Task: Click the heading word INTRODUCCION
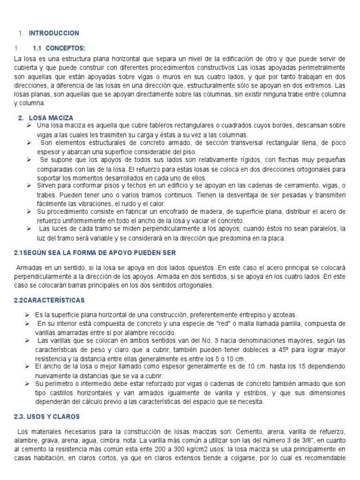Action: (54, 33)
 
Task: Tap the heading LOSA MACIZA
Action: (51, 118)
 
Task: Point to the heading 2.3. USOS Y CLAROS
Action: (47, 416)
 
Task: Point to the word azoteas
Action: (284, 315)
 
